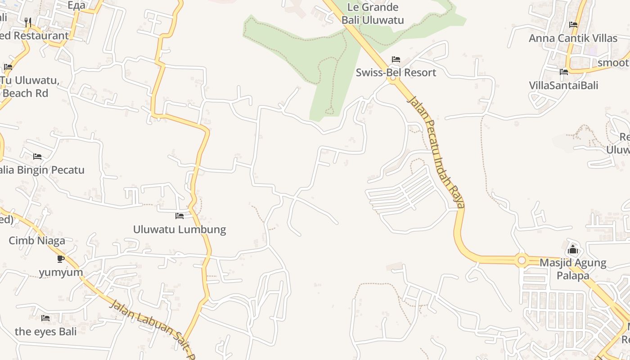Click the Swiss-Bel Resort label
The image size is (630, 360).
(396, 72)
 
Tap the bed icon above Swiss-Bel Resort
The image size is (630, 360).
(396, 59)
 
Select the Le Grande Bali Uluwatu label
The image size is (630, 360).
(373, 13)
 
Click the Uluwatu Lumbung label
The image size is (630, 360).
(180, 229)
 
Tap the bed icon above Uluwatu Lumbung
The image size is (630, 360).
(180, 216)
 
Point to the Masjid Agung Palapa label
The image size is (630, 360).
(573, 269)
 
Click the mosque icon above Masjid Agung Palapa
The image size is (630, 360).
(573, 249)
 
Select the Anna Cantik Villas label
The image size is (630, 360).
(573, 38)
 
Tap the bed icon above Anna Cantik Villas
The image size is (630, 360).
(573, 25)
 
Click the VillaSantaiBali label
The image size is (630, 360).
(563, 85)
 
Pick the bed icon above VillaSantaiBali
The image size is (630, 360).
(564, 72)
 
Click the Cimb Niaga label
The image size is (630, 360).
(37, 241)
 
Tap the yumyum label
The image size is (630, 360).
(61, 272)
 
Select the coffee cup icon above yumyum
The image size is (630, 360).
(61, 259)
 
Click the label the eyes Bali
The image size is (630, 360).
(45, 332)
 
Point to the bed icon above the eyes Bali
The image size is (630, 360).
(45, 318)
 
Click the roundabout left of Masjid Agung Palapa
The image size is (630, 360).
(522, 260)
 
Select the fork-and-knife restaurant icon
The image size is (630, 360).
(28, 22)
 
